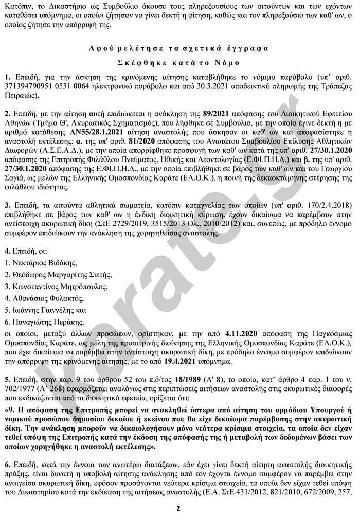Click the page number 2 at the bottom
coord(178,508)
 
